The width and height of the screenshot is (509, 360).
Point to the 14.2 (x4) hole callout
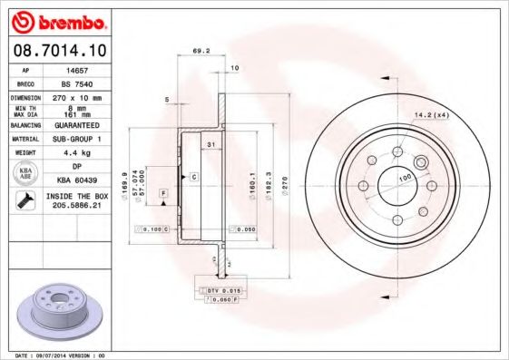coord(432,115)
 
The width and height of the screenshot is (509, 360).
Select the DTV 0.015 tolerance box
coord(217,289)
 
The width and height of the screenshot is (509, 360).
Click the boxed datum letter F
coord(163,193)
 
